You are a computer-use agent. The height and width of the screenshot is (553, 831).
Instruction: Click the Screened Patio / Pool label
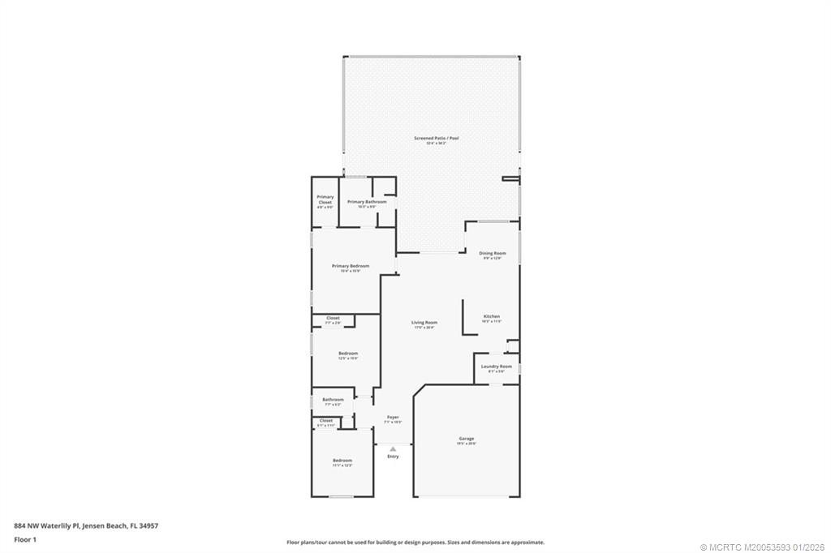point(437,139)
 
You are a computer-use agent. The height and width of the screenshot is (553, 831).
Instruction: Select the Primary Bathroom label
point(361,202)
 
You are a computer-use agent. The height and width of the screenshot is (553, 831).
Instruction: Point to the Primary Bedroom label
point(350,267)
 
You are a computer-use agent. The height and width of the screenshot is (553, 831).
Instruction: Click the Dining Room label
point(492,254)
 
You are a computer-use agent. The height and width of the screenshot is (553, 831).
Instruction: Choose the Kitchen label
point(492,317)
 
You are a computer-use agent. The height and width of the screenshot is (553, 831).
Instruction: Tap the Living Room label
point(424,323)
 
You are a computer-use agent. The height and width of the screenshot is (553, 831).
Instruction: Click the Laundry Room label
point(496,367)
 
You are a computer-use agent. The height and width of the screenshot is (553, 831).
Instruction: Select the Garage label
point(466,439)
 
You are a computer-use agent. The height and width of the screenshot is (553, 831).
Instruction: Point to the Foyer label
point(393,418)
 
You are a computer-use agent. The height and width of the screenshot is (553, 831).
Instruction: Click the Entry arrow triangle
point(393,448)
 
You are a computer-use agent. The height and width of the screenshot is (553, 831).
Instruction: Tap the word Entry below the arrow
point(393,457)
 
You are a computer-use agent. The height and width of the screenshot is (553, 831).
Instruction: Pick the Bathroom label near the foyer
point(333,400)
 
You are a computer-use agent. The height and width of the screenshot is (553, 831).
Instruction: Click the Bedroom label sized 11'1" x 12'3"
point(342,461)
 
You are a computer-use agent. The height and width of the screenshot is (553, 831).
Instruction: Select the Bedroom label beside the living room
point(347,354)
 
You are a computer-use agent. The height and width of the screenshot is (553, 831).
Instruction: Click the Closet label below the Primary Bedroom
point(333,319)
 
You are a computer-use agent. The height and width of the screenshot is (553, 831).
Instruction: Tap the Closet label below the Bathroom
point(325,421)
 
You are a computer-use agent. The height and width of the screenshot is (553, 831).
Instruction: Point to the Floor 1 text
point(26,539)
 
